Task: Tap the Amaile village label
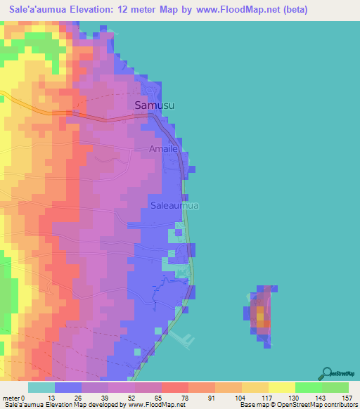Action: (x=164, y=149)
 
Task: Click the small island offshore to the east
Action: (x=261, y=316)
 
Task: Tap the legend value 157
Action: (x=347, y=398)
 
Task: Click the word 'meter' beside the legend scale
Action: (x=12, y=398)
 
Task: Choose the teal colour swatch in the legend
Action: (x=41, y=387)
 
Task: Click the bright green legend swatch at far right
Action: (x=335, y=387)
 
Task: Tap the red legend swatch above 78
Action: (x=174, y=387)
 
